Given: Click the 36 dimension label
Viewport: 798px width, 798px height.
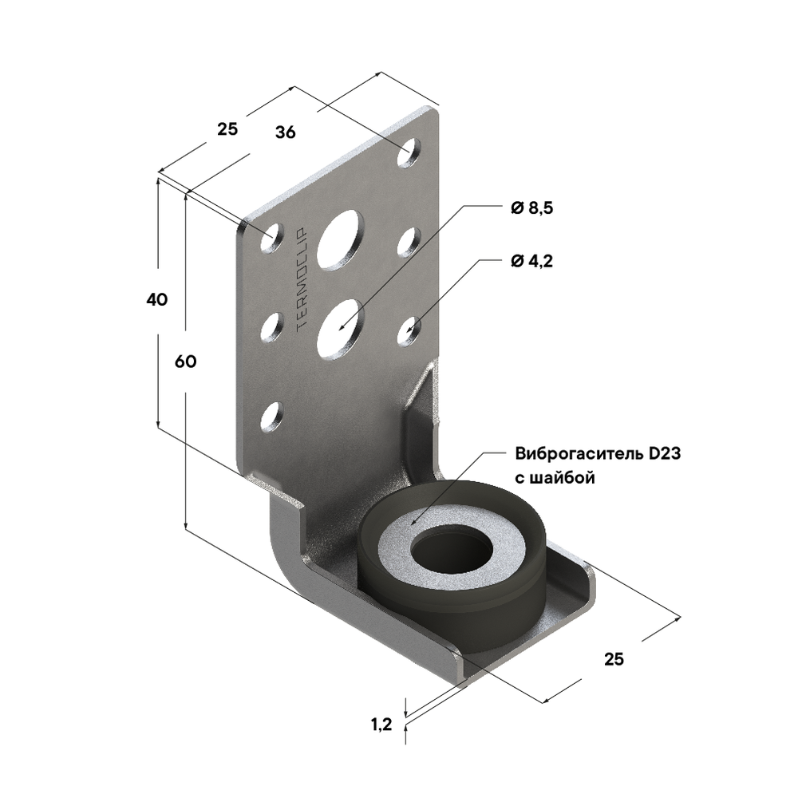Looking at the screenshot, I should [x=285, y=132].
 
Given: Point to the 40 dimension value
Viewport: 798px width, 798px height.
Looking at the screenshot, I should [x=156, y=300].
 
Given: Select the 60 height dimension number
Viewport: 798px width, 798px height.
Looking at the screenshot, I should [x=185, y=361].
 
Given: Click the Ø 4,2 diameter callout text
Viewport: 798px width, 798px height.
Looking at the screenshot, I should [x=531, y=261].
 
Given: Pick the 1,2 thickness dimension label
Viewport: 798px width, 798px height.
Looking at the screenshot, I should [x=381, y=725].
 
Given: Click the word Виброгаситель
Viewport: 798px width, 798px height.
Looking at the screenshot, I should [x=578, y=455].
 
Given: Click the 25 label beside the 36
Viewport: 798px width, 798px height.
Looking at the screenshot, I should [x=227, y=128].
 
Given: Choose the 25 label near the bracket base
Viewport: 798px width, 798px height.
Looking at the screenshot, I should [x=613, y=659].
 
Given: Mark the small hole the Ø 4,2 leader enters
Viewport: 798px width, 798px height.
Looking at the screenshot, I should [x=409, y=330].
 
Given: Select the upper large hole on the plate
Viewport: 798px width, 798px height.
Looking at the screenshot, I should [x=339, y=239].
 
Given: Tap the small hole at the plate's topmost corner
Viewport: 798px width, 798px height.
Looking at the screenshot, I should [x=411, y=152].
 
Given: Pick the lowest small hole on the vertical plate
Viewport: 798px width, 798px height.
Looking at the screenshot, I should [x=272, y=417].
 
